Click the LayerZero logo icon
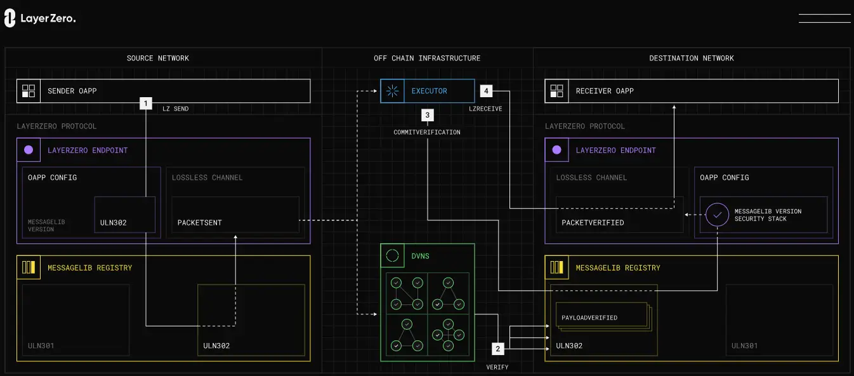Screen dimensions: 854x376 [10, 18]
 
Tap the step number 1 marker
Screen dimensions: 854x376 [146, 103]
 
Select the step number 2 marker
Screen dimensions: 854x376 [497, 349]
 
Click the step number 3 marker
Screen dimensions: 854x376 [428, 115]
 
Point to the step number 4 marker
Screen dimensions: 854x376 [486, 91]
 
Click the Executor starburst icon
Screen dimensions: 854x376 [392, 91]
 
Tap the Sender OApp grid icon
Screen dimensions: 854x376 [29, 91]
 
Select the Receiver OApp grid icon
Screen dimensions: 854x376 [556, 91]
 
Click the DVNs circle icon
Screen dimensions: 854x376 [392, 255]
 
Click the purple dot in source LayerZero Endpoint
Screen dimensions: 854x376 [29, 150]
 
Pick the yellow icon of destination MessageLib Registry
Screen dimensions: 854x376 [556, 267]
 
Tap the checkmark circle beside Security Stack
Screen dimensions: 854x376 [717, 215]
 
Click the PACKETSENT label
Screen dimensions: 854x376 [199, 222]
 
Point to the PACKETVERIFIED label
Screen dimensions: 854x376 [593, 222]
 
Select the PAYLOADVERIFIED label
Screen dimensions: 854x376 [589, 318]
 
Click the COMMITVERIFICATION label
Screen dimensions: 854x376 [427, 132]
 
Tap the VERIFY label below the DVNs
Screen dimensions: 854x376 [497, 367]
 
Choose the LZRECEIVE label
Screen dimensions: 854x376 [485, 109]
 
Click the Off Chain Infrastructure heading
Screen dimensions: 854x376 [427, 58]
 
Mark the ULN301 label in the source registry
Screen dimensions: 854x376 [41, 346]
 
